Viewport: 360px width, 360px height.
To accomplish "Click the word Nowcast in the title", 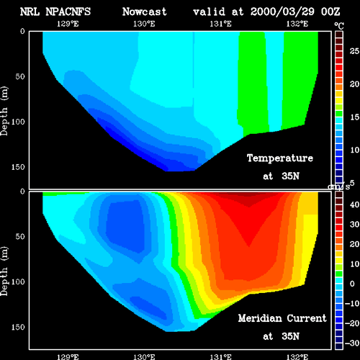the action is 145,12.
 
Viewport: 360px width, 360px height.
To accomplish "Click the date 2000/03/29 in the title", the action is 282,12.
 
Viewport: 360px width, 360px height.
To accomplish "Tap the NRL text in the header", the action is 30,12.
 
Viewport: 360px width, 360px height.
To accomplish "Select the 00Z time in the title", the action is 330,12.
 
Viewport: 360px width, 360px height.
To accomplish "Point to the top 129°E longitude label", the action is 68,24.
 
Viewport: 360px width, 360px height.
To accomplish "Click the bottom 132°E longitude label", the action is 297,357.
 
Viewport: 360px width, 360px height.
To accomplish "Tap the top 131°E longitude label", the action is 220,24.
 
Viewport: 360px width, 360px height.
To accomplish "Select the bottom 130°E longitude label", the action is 144,357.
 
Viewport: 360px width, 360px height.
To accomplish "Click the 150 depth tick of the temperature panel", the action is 18,167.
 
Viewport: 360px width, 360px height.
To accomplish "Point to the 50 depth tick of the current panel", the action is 20,236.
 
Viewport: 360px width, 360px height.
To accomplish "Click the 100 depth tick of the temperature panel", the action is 18,122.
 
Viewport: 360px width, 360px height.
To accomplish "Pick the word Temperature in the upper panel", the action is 280,158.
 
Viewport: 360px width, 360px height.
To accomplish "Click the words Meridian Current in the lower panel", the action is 282,318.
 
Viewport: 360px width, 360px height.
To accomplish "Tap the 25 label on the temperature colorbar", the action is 354,51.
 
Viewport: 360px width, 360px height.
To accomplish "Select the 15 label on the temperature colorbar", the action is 354,117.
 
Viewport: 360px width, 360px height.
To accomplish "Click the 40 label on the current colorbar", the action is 354,204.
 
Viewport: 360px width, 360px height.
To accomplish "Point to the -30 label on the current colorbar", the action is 352,343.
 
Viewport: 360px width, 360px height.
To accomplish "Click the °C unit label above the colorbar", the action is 339,26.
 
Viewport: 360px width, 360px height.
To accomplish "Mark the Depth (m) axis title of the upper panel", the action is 4,111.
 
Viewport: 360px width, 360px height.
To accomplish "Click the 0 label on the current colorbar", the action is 352,284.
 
